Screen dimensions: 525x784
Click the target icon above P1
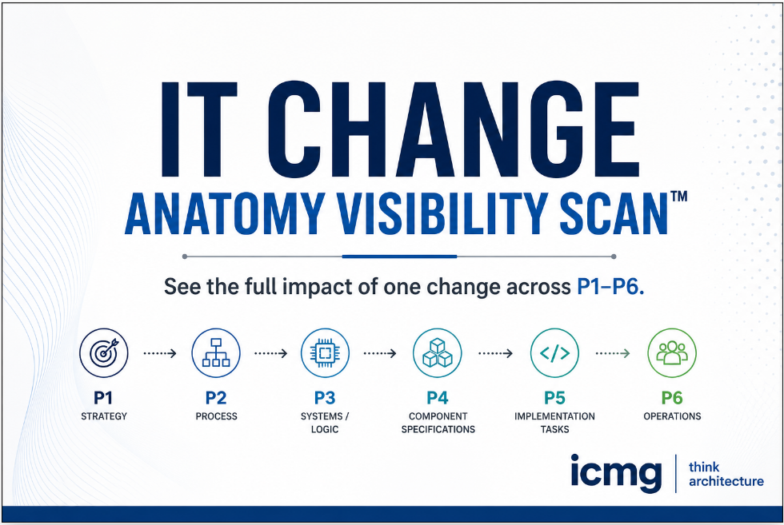tap(104, 352)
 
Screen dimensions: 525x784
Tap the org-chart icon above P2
tap(216, 352)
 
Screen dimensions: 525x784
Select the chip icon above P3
tap(325, 352)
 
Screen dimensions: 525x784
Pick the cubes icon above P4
tap(437, 352)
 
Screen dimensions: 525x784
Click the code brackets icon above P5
tap(554, 352)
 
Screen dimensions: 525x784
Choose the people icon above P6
tap(672, 352)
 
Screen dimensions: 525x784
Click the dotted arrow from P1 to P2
tap(159, 352)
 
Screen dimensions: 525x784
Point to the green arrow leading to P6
tap(614, 352)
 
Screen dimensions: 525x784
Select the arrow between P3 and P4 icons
tap(380, 352)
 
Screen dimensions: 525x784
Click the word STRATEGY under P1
tap(104, 416)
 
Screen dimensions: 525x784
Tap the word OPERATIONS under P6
tap(672, 416)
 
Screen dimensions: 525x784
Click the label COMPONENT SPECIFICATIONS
tap(438, 423)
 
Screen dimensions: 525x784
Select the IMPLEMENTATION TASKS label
tap(554, 423)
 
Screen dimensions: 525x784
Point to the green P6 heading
tap(672, 397)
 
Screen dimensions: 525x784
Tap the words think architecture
tap(726, 474)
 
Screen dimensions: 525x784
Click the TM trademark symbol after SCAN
tap(678, 197)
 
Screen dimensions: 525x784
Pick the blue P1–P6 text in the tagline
tap(610, 287)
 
